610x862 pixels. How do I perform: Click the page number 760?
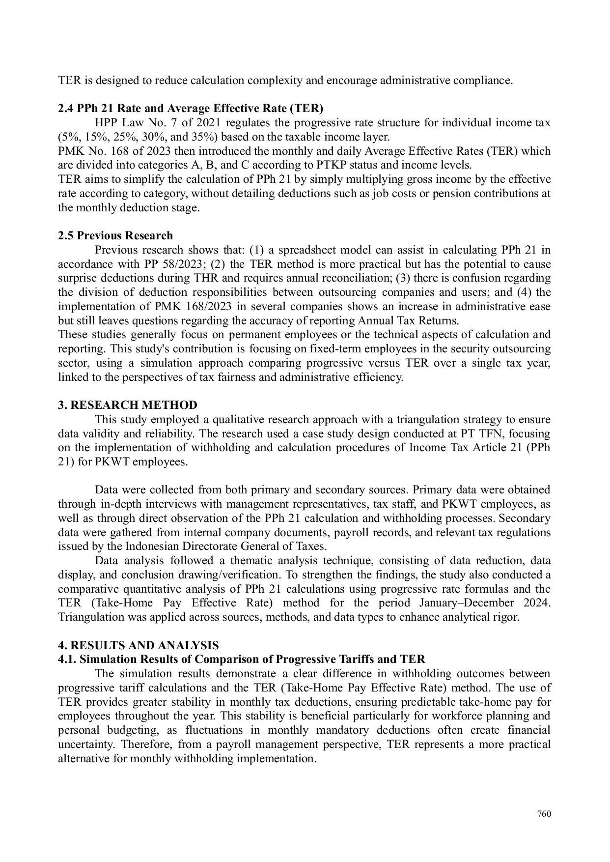(x=544, y=814)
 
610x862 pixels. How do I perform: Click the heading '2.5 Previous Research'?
(x=115, y=235)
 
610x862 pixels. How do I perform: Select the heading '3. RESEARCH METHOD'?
(x=128, y=405)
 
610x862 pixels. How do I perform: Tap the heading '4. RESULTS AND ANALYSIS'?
(x=139, y=645)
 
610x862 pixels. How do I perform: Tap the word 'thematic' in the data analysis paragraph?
(x=252, y=561)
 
